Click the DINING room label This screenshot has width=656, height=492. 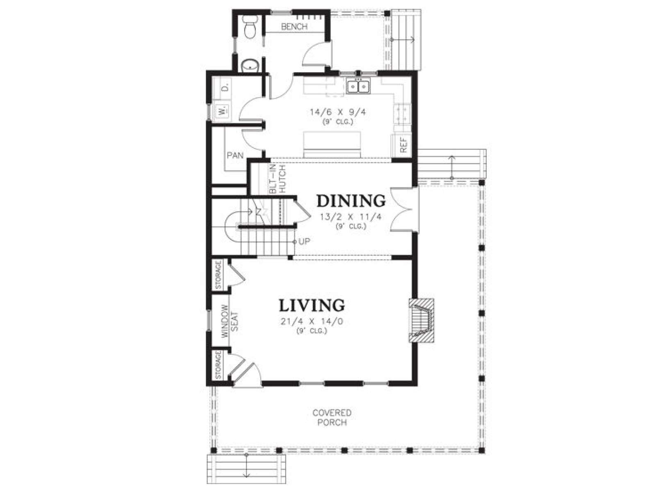(351, 201)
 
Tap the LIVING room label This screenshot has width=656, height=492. (312, 305)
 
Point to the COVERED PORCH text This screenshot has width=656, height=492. (332, 418)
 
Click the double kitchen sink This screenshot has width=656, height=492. (358, 87)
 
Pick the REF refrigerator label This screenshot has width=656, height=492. (403, 145)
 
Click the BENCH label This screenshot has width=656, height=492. (294, 27)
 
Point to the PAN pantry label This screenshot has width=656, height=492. (235, 155)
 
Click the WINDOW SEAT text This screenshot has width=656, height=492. (230, 321)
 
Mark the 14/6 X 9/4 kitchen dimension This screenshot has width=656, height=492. (338, 112)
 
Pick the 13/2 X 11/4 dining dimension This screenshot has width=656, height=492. (351, 217)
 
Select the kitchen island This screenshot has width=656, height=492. (332, 145)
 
